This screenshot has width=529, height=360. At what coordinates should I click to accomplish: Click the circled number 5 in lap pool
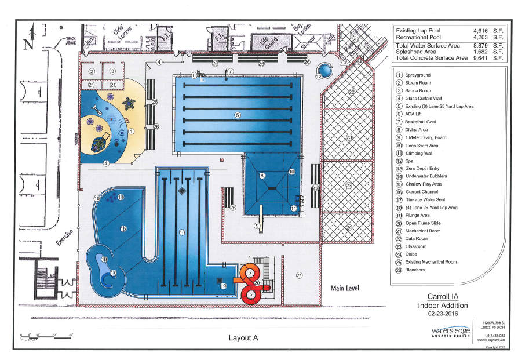pyautogui.click(x=237, y=115)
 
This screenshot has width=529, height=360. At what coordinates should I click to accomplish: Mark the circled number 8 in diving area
pyautogui.click(x=262, y=175)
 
